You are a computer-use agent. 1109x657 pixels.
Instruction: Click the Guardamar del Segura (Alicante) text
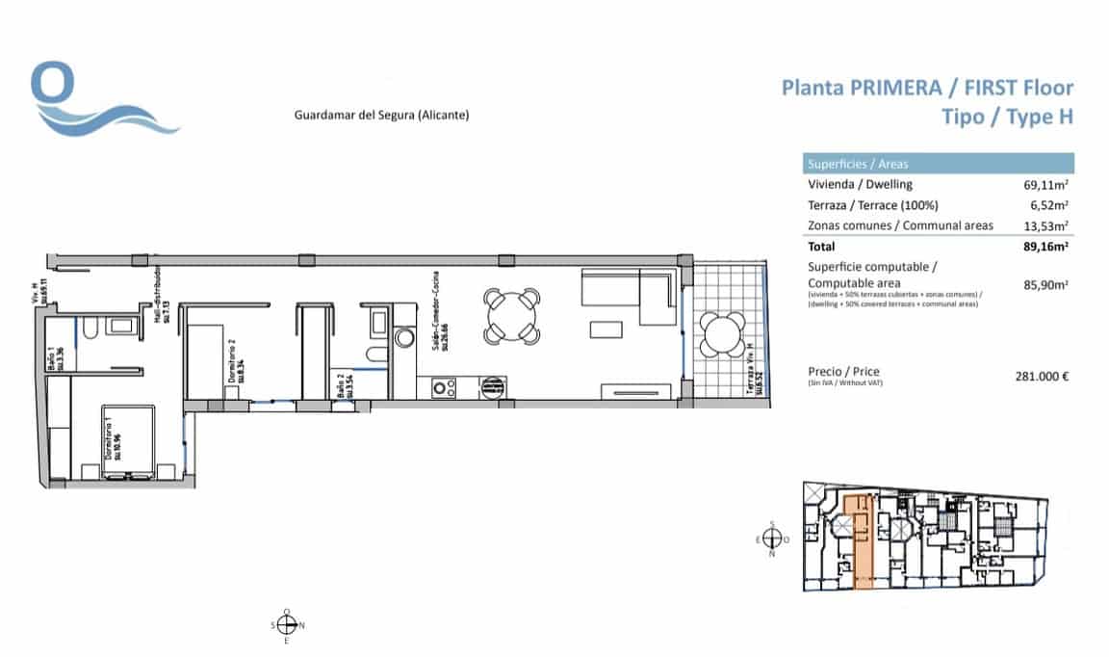coord(381,116)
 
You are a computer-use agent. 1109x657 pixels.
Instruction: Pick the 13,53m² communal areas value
coord(1046,226)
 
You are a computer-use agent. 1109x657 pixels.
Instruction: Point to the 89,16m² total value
coord(1046,247)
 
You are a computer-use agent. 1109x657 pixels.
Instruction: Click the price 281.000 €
coord(1043,377)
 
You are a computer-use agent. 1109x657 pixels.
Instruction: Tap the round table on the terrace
coord(720,335)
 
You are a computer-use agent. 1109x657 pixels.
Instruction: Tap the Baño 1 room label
coord(56,359)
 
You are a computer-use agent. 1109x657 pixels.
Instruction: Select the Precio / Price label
coord(843,372)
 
